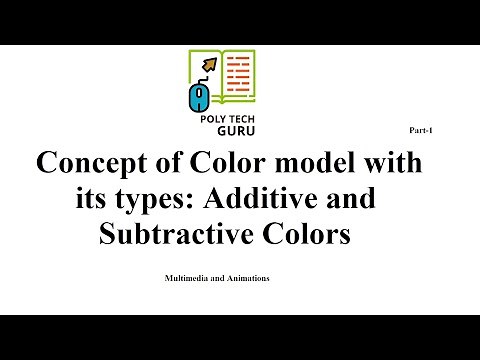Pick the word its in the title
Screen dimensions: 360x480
[x=93, y=199]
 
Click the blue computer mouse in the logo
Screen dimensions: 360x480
[x=200, y=95]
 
